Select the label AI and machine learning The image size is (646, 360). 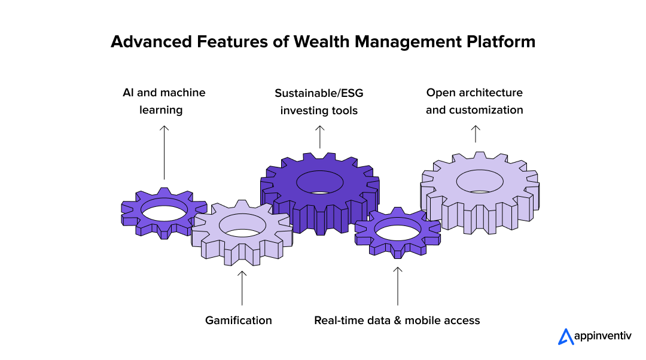tap(163, 101)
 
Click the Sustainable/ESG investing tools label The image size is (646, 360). tap(319, 102)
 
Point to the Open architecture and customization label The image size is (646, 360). tap(474, 101)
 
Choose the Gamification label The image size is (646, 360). tap(238, 321)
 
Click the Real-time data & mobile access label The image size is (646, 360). tap(397, 321)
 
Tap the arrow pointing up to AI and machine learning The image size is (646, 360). tap(164, 152)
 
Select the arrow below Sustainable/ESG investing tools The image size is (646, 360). tap(319, 137)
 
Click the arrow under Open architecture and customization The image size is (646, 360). tap(475, 134)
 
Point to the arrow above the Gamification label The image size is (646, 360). tap(242, 288)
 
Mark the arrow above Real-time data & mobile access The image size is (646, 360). tap(398, 286)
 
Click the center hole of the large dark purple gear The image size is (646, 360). tap(319, 182)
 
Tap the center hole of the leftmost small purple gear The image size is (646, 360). tap(164, 212)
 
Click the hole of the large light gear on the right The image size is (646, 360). tap(480, 181)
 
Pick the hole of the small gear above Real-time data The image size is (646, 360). tap(397, 230)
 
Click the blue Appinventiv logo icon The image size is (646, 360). tap(565, 337)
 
